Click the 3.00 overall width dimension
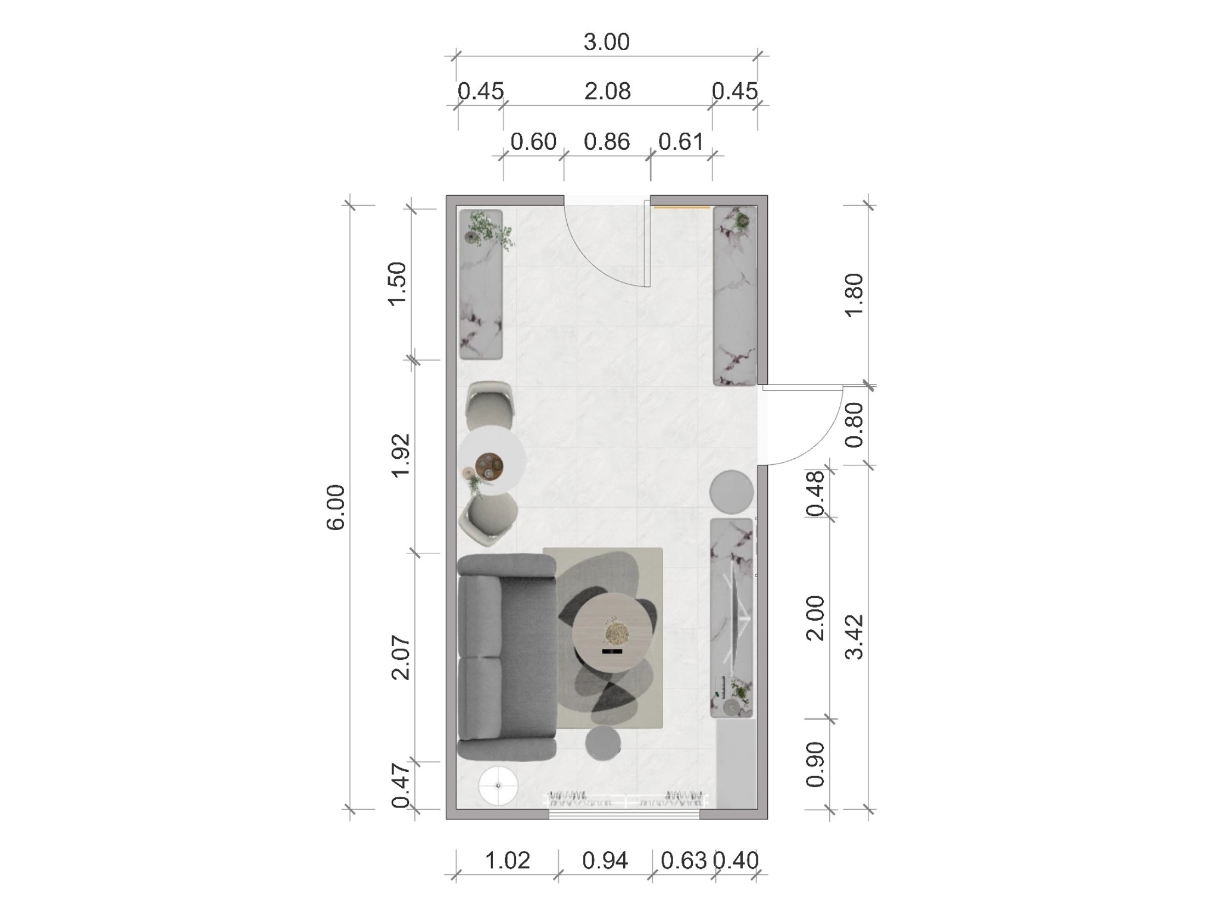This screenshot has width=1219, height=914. click(607, 42)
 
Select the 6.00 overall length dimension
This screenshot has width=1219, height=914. click(336, 508)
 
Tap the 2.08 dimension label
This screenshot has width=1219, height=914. click(607, 92)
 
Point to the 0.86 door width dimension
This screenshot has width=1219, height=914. click(607, 142)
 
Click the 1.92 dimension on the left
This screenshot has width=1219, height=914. click(400, 455)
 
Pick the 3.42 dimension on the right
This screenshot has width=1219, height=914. click(854, 637)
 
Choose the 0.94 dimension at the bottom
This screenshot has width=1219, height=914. click(605, 860)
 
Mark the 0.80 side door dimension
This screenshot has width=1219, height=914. click(854, 425)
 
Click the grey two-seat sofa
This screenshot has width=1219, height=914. click(507, 658)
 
